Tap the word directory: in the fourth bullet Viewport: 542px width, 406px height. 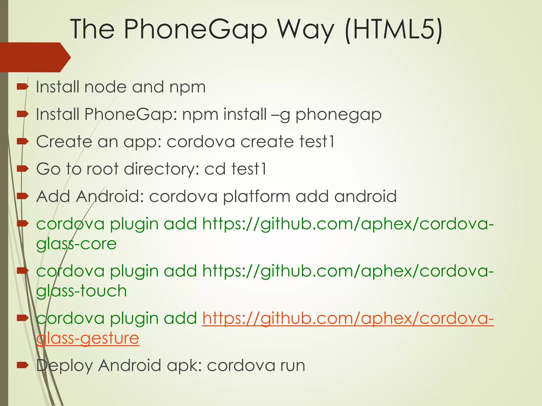point(161,169)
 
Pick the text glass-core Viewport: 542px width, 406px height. point(76,244)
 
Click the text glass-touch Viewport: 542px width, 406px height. point(82,291)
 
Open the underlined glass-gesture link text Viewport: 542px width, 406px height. point(87,339)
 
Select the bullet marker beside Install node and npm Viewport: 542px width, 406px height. point(22,86)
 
